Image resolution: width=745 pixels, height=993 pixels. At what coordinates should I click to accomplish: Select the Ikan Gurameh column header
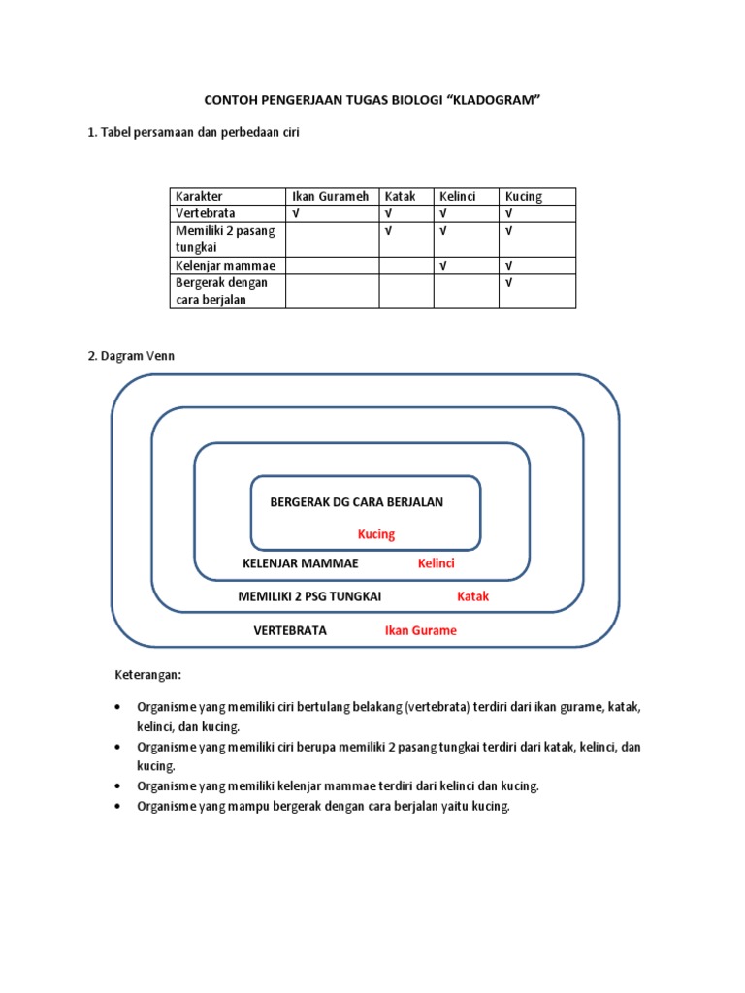point(330,196)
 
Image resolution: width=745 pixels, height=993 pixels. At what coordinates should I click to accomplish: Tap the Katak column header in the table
point(401,196)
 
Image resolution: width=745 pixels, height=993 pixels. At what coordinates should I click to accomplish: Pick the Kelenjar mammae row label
point(225,266)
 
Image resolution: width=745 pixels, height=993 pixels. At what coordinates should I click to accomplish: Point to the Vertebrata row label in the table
point(206,213)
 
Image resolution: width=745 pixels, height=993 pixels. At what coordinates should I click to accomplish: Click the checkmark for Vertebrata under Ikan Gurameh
point(296,213)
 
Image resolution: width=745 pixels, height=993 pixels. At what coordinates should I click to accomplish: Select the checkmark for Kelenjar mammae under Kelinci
point(443,266)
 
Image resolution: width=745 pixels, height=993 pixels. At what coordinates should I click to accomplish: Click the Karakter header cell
point(200,196)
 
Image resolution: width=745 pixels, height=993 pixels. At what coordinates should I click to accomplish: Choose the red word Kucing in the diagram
point(376,534)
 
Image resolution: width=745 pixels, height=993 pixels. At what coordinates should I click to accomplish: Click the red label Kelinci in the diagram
point(436,563)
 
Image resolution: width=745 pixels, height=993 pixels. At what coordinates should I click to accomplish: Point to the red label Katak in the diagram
point(473,596)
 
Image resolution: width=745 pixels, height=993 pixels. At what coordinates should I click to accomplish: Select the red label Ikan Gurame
point(420,630)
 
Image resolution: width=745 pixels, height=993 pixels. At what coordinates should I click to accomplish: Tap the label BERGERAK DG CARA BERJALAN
point(356,501)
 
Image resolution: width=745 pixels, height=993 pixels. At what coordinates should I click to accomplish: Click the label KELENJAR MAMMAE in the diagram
point(300,563)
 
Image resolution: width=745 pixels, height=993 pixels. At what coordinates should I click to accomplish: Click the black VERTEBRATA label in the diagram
point(290,630)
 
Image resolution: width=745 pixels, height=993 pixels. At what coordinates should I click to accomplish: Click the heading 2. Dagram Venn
point(131,356)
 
